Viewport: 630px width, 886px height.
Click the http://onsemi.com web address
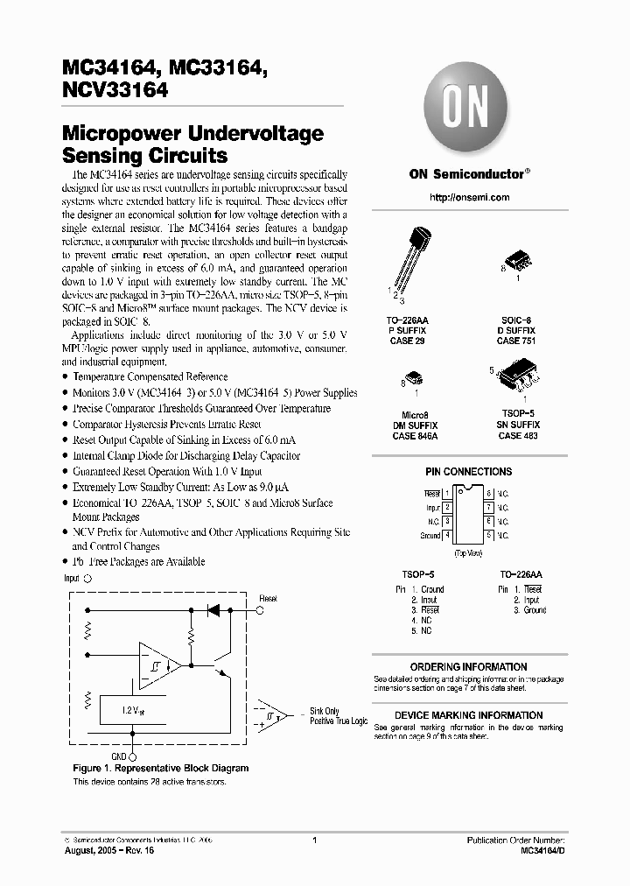pos(470,198)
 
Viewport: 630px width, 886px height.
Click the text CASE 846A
pos(415,435)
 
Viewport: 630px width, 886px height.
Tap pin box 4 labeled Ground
pos(447,535)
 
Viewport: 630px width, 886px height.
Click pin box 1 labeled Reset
pos(447,495)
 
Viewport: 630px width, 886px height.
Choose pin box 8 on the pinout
pos(490,495)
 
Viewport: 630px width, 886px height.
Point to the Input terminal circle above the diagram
pos(87,579)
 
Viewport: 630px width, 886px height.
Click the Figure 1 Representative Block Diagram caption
pos(160,768)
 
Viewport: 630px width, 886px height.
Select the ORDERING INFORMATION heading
pos(468,667)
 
